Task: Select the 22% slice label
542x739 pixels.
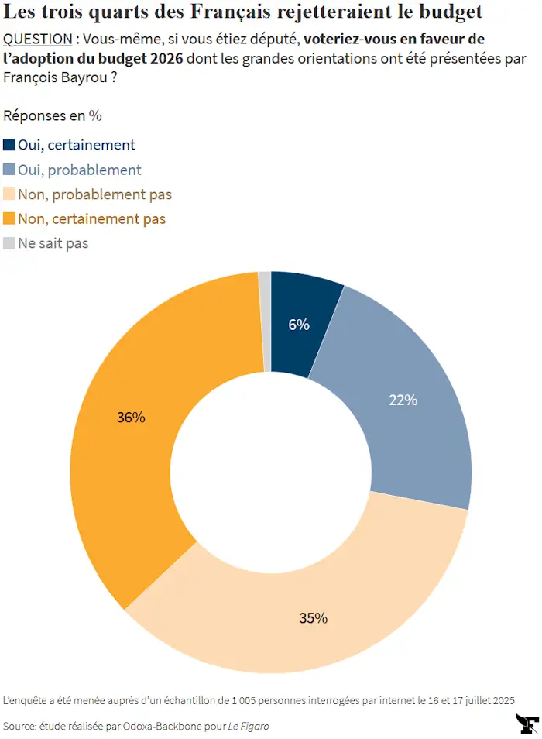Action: click(x=403, y=400)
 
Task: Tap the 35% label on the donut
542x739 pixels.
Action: click(x=313, y=618)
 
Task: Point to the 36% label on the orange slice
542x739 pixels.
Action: click(x=131, y=417)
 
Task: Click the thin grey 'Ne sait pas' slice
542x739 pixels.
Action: click(x=265, y=321)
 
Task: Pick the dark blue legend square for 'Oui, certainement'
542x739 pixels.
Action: click(x=9, y=145)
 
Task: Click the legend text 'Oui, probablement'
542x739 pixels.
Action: click(x=80, y=170)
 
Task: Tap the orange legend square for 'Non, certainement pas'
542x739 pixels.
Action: click(x=9, y=218)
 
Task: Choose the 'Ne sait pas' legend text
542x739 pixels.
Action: click(x=53, y=243)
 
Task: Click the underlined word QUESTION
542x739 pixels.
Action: click(x=38, y=39)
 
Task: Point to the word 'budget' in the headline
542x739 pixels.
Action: click(x=451, y=12)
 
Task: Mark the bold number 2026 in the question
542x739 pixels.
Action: click(x=166, y=58)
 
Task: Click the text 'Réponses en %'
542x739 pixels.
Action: click(x=53, y=115)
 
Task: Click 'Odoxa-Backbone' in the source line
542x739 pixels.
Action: click(x=163, y=727)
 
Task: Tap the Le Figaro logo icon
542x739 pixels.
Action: click(x=527, y=724)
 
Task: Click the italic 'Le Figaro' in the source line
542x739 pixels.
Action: click(x=249, y=727)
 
